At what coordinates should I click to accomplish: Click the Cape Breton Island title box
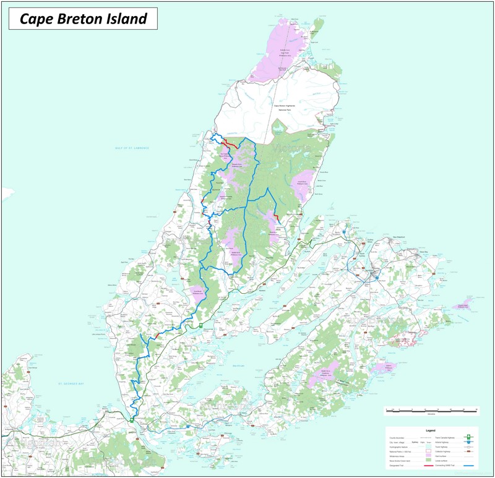pyautogui.click(x=83, y=19)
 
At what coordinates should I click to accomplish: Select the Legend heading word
pyautogui.click(x=431, y=430)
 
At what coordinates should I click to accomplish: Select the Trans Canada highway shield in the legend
pyautogui.click(x=468, y=437)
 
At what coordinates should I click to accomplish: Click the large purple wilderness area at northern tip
pyautogui.click(x=278, y=53)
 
